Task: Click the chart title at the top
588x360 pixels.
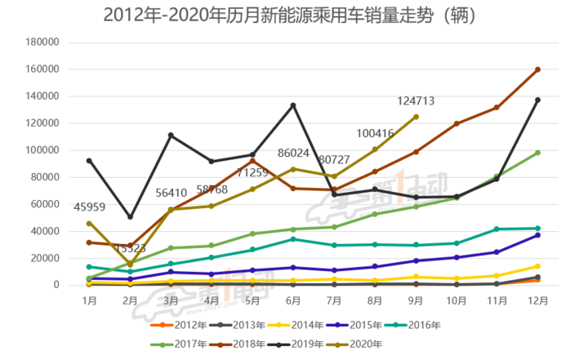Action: tap(291, 16)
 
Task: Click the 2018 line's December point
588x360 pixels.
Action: tap(537, 69)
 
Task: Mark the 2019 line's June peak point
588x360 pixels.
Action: tap(293, 105)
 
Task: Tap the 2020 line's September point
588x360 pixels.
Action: tap(416, 117)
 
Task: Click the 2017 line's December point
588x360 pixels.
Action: tap(537, 153)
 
